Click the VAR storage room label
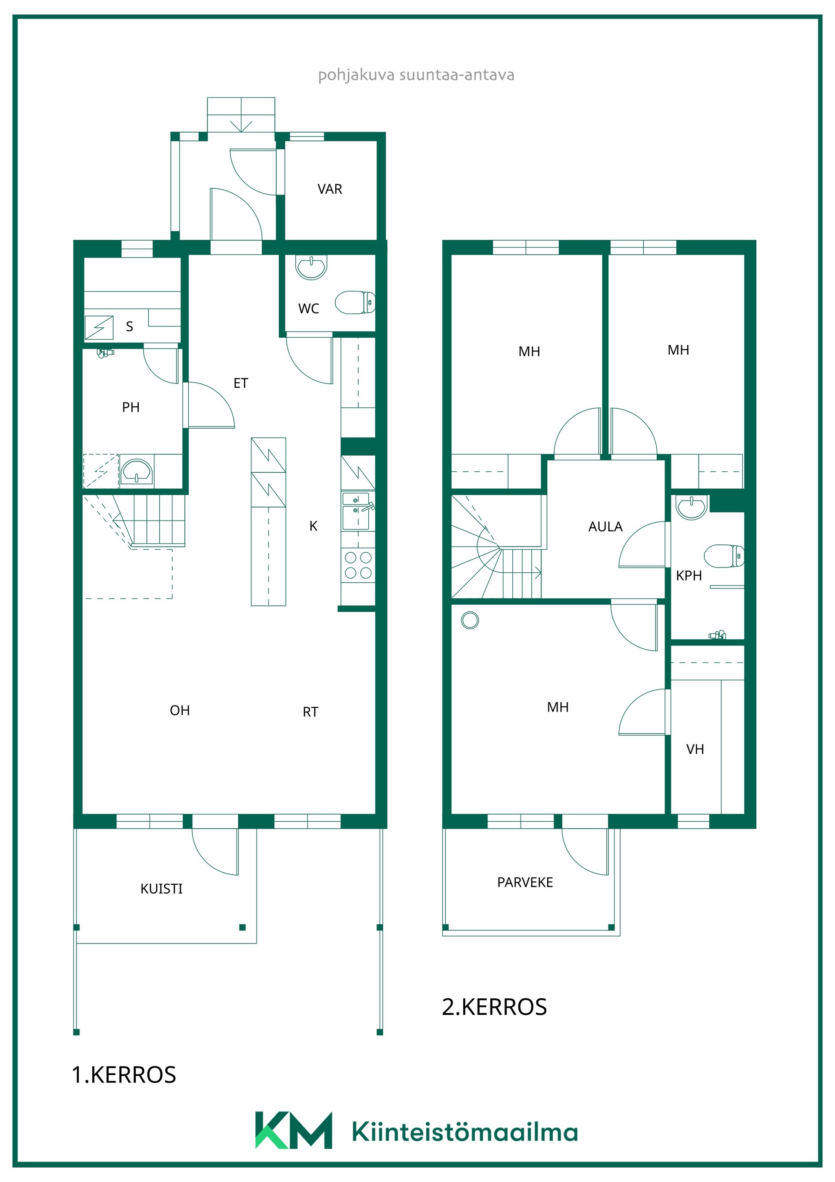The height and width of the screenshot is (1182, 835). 330,189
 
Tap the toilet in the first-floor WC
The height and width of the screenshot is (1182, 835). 355,302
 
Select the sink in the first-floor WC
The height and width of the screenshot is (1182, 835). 311,267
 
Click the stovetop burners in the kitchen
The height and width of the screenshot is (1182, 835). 358,565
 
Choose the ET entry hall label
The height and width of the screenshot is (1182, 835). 241,383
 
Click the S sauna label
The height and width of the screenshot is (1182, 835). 130,326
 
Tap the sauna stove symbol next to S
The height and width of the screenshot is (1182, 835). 99,327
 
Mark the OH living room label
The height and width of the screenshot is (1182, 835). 180,710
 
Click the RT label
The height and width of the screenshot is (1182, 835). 310,712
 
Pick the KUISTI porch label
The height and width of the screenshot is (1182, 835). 161,889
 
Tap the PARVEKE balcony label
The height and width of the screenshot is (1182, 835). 525,883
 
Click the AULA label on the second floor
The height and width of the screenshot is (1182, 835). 605,527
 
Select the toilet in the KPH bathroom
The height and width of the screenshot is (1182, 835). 723,556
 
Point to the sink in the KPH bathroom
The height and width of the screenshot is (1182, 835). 692,507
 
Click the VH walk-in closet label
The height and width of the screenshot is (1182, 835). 695,749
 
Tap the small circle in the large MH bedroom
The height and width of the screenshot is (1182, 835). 470,620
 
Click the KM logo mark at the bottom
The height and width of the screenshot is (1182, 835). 293,1131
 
